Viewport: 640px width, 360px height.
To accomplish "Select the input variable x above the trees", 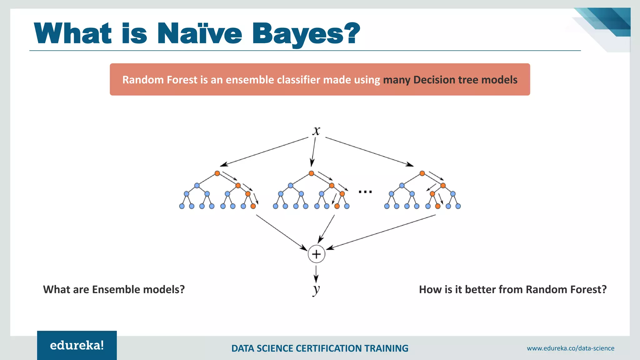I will tap(316, 131).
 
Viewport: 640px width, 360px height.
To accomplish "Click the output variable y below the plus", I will tap(316, 289).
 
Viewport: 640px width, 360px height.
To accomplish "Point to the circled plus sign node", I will tap(316, 254).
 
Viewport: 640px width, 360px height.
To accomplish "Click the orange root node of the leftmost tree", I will tap(217, 173).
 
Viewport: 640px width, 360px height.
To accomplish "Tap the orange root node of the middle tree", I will tap(311, 173).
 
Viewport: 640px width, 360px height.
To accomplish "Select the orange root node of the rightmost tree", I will tap(422, 173).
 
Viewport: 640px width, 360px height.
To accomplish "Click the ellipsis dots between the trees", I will tap(365, 192).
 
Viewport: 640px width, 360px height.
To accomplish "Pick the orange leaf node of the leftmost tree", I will tap(253, 206).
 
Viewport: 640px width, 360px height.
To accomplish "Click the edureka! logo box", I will tap(77, 345).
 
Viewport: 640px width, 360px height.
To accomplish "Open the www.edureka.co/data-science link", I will tap(570, 348).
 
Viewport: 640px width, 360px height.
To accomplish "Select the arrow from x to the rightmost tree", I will tap(369, 152).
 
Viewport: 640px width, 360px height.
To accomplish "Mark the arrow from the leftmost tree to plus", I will tap(281, 232).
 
